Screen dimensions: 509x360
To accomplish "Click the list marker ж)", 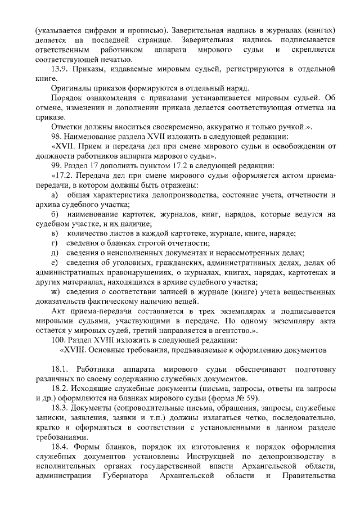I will (x=55, y=291).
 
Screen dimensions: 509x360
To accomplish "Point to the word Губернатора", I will (x=128, y=477).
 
